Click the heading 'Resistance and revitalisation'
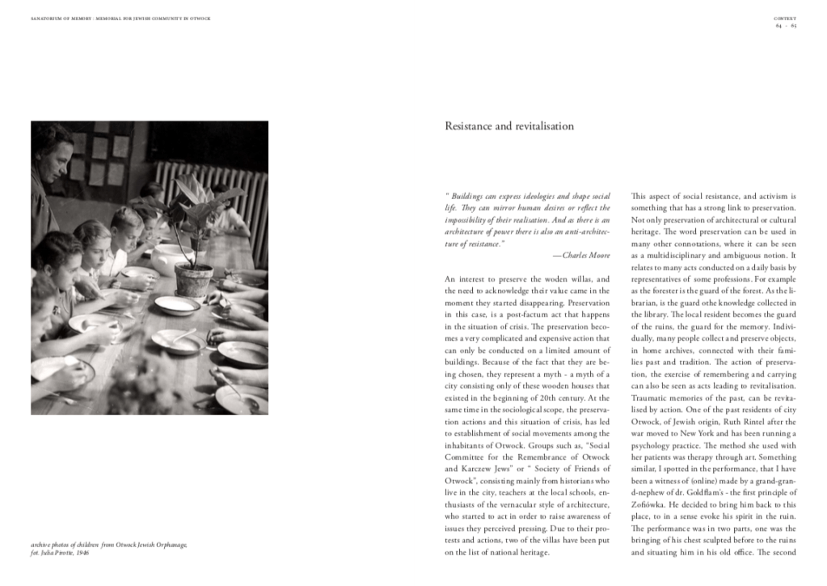pos(509,126)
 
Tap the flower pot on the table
pos(194,279)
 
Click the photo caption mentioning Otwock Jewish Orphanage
pos(109,545)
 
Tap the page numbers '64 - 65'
pos(786,25)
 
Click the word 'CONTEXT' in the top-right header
pos(786,18)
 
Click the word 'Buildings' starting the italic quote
pos(469,197)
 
